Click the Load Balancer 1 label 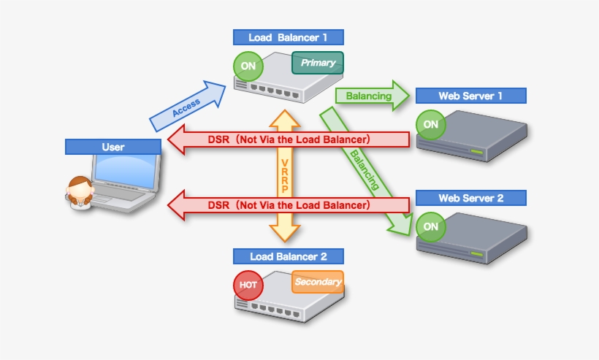pyautogui.click(x=288, y=37)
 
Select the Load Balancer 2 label pyautogui.click(x=288, y=256)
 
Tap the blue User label pyautogui.click(x=112, y=147)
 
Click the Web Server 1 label pyautogui.click(x=470, y=96)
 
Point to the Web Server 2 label pyautogui.click(x=470, y=198)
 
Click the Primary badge pyautogui.click(x=318, y=63)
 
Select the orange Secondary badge pyautogui.click(x=318, y=282)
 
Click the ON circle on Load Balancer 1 pyautogui.click(x=248, y=66)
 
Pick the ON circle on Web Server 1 pyautogui.click(x=431, y=124)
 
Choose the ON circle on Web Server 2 pyautogui.click(x=431, y=226)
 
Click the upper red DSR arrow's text pyautogui.click(x=289, y=139)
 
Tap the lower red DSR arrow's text pyautogui.click(x=289, y=205)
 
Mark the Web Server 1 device pyautogui.click(x=471, y=131)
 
